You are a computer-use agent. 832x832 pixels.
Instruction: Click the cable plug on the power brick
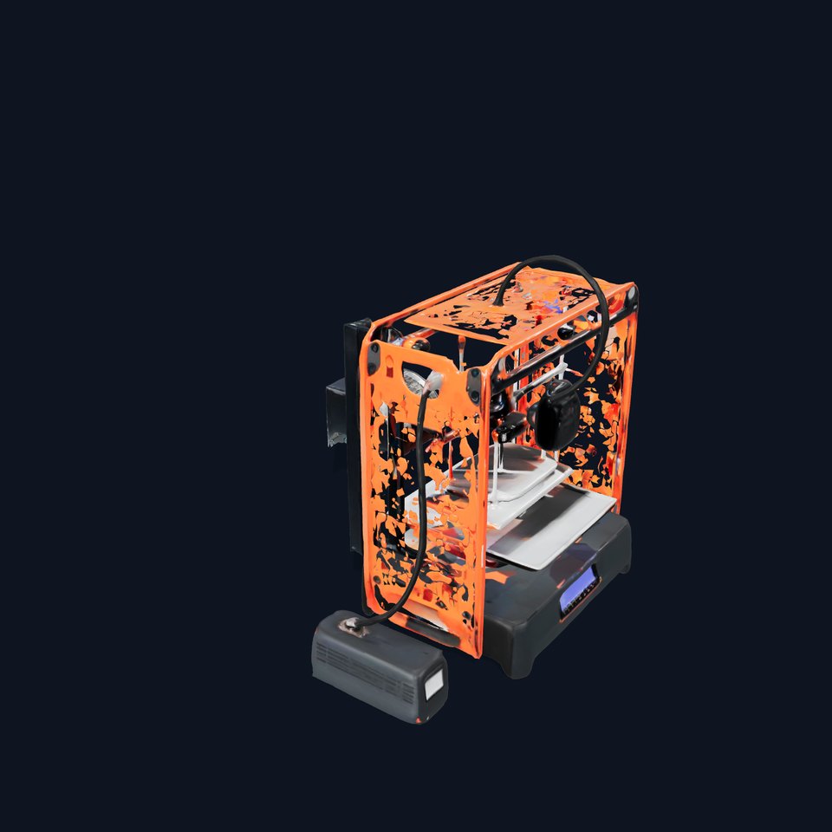point(354,623)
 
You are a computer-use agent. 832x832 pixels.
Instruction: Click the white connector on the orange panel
point(433,382)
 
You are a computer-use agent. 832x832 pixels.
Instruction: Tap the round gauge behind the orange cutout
point(414,379)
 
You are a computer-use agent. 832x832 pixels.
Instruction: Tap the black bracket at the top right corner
point(631,296)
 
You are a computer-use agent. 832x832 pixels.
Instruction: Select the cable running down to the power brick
point(419,520)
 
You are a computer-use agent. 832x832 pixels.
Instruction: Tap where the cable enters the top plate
point(500,300)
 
